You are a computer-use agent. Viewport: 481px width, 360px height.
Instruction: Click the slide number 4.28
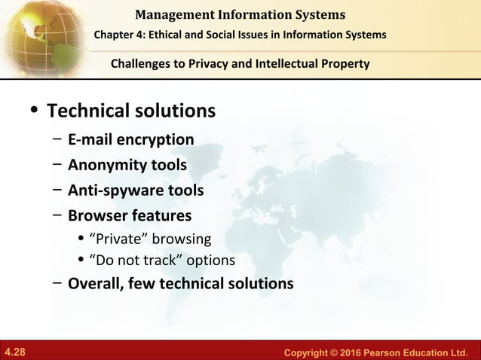(x=15, y=352)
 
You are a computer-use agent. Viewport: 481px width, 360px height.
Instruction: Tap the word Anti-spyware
(x=110, y=191)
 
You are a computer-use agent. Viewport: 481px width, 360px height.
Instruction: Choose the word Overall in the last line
(x=93, y=284)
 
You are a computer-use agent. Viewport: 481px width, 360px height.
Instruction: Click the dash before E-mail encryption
(x=57, y=139)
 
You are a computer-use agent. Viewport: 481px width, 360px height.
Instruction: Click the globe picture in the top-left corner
(x=45, y=34)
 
